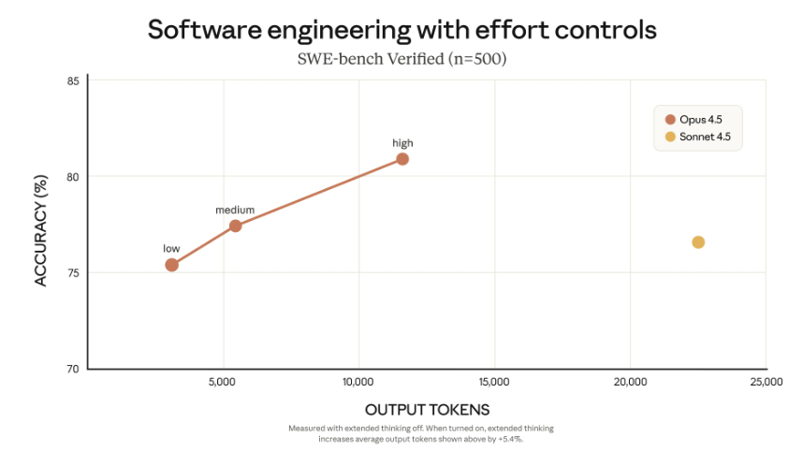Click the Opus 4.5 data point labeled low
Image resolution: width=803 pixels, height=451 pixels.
(171, 265)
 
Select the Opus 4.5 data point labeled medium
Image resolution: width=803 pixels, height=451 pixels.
(235, 225)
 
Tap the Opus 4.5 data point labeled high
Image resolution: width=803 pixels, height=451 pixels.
(402, 158)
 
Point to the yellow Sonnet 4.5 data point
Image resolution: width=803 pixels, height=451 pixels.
(698, 242)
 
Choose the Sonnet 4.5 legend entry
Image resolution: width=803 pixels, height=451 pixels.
(697, 137)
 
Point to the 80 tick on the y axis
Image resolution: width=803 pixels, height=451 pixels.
(74, 176)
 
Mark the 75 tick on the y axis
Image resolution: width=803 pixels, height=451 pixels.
(74, 272)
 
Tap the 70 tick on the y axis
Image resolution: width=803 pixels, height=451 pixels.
(74, 369)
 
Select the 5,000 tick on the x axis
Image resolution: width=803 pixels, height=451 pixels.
(223, 382)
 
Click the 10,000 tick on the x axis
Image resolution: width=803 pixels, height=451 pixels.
(358, 382)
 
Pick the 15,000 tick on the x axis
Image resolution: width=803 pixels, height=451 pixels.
(494, 382)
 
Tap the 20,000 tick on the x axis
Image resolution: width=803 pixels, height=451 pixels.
(630, 382)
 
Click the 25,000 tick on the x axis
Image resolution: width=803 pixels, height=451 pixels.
(766, 382)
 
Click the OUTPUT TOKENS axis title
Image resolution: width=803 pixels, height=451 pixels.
(427, 410)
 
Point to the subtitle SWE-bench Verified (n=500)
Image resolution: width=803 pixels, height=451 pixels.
(401, 60)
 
